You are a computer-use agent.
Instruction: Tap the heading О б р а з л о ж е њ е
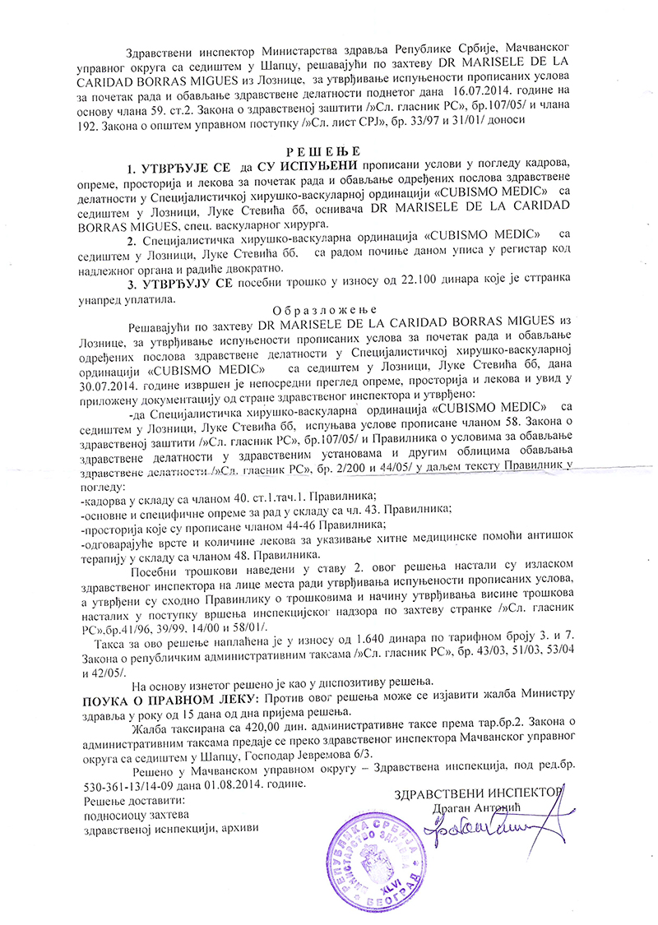pos(328,311)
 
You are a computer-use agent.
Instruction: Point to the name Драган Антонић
pos(482,808)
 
